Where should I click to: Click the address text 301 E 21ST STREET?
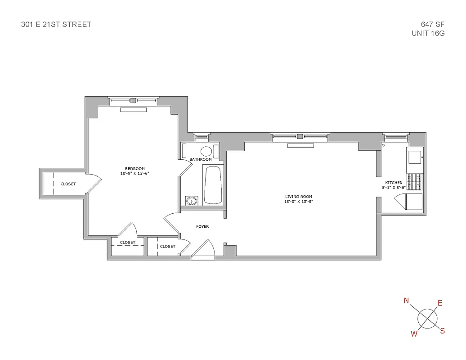56,24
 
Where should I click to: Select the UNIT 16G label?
428,33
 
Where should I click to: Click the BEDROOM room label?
135,169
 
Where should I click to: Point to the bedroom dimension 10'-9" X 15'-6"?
135,174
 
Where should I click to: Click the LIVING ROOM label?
299,197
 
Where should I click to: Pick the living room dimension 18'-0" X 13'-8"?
299,202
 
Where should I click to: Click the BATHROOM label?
201,159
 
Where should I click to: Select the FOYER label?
202,226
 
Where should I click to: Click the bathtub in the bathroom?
213,184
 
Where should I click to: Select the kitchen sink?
415,157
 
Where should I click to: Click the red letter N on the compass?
406,301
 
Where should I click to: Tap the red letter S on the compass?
442,331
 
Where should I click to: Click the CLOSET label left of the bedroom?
68,184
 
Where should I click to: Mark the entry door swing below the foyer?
205,250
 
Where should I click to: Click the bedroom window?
134,99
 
